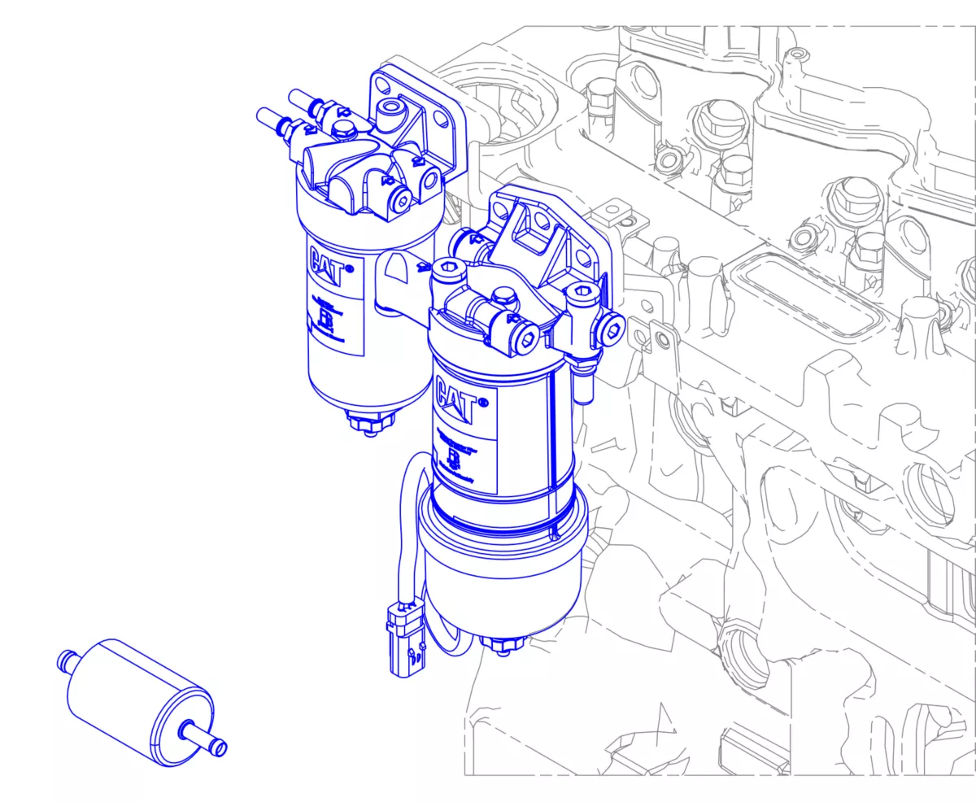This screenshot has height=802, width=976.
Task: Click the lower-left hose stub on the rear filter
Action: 275,121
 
